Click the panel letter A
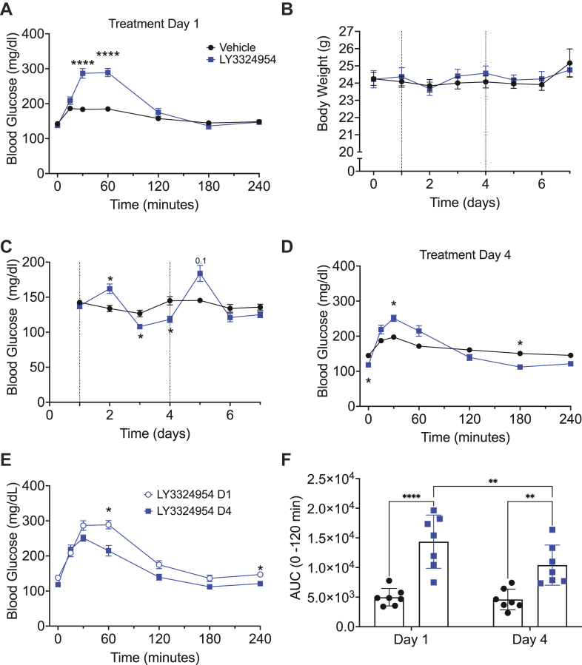(x=7, y=8)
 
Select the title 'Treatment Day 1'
(x=154, y=24)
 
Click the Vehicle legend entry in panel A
(x=231, y=47)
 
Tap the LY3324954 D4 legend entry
(x=188, y=511)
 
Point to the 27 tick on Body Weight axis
(x=347, y=31)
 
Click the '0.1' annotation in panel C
(x=201, y=261)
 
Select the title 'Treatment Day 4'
(x=465, y=255)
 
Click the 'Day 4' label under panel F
(x=529, y=639)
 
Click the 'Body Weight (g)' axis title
(x=323, y=83)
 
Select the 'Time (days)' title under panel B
(x=465, y=203)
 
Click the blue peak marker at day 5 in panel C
(x=200, y=274)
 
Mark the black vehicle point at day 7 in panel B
(x=569, y=63)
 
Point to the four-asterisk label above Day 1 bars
(x=411, y=496)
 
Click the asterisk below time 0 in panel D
(x=369, y=381)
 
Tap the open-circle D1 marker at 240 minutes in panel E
(x=260, y=575)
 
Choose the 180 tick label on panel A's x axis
(x=209, y=186)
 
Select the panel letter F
(x=287, y=460)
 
